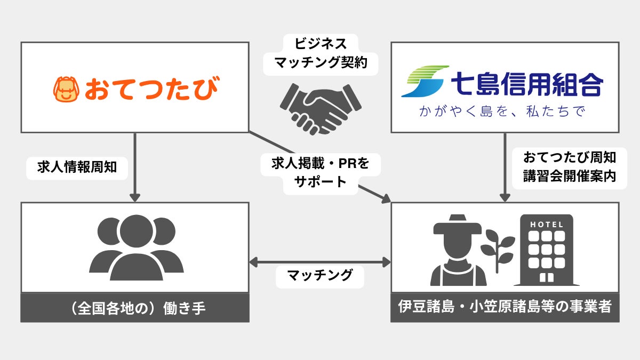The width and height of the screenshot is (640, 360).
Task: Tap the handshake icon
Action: pyautogui.click(x=319, y=108)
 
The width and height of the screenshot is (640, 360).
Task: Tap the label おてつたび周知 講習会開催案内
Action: pyautogui.click(x=570, y=167)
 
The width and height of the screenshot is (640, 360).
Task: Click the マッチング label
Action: pyautogui.click(x=320, y=276)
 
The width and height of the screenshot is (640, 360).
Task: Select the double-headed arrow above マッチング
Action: pyautogui.click(x=320, y=262)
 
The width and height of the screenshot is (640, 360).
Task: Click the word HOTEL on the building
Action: pyautogui.click(x=546, y=225)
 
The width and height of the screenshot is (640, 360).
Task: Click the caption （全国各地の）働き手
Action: pyautogui.click(x=135, y=308)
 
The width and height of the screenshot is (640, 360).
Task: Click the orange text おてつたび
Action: pyautogui.click(x=151, y=89)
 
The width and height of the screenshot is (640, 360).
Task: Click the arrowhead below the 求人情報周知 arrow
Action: pyautogui.click(x=135, y=197)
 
